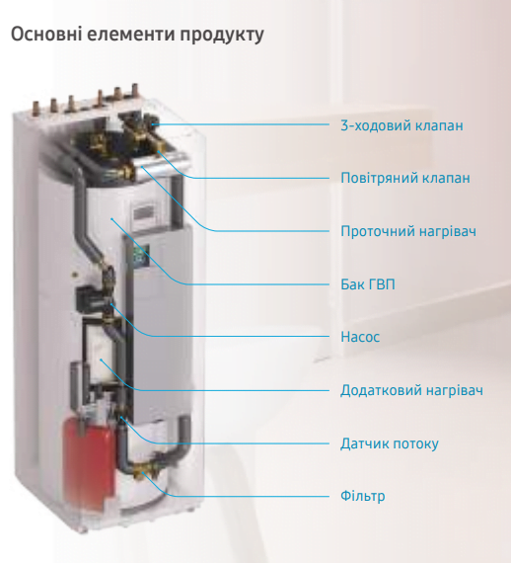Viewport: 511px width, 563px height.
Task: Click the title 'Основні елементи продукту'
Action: pyautogui.click(x=137, y=36)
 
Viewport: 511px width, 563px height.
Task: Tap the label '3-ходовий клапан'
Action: pyautogui.click(x=401, y=125)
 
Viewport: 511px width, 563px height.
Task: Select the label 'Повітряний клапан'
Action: pyautogui.click(x=405, y=178)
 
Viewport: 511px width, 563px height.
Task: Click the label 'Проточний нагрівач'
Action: pyautogui.click(x=408, y=231)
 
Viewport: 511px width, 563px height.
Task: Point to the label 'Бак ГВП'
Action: pyautogui.click(x=368, y=284)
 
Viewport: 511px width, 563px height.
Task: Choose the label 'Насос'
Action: pyautogui.click(x=360, y=337)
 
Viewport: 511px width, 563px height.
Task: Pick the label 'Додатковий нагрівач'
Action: pyautogui.click(x=411, y=390)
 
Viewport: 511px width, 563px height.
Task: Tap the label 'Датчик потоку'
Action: pyautogui.click(x=390, y=443)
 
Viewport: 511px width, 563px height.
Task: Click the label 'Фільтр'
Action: pyautogui.click(x=363, y=496)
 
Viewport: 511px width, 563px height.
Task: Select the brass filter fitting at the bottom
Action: pyautogui.click(x=143, y=470)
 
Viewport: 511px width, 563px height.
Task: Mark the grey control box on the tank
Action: pyautogui.click(x=148, y=213)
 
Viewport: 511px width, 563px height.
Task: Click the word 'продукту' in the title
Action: pyautogui.click(x=222, y=36)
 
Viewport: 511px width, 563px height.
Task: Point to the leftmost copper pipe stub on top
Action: pyautogui.click(x=36, y=108)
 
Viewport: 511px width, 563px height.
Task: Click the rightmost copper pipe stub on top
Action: pyautogui.click(x=135, y=91)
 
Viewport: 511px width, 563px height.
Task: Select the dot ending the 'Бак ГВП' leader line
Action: pyautogui.click(x=112, y=218)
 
